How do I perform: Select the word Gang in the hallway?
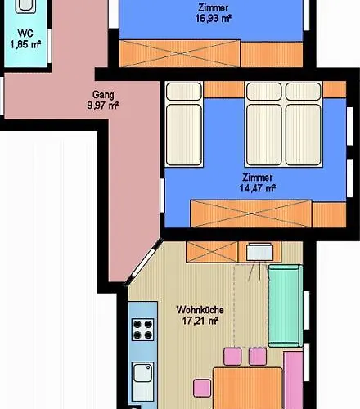pyautogui.click(x=102, y=93)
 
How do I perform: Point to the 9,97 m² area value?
pyautogui.click(x=103, y=105)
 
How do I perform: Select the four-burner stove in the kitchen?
pyautogui.click(x=142, y=328)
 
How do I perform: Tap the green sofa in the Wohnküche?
pyautogui.click(x=284, y=305)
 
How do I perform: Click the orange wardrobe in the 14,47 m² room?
pyautogui.click(x=250, y=213)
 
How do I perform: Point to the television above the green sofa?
pyautogui.click(x=259, y=253)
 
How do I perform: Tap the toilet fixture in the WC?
pyautogui.click(x=25, y=6)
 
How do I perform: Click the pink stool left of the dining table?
pyautogui.click(x=200, y=386)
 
